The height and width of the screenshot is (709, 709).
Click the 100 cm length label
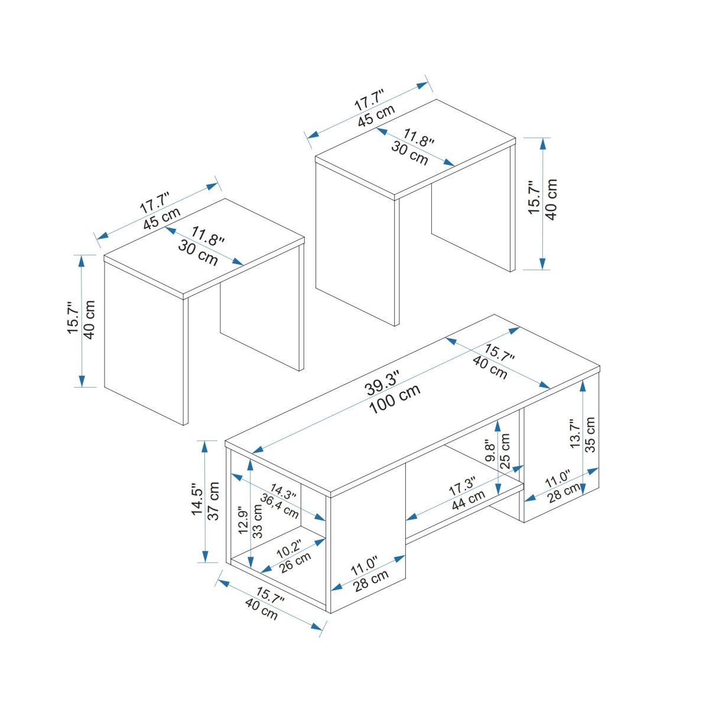click(x=395, y=399)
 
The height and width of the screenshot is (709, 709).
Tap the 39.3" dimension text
click(x=383, y=383)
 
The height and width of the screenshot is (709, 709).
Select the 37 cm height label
click(x=214, y=501)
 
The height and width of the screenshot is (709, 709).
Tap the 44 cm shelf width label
click(x=469, y=500)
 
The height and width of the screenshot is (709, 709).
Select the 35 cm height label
click(x=590, y=434)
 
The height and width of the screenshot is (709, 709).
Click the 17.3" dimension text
click(x=462, y=486)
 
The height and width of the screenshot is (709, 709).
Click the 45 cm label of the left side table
click(x=162, y=218)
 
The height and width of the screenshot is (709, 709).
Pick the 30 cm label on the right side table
click(x=409, y=153)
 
